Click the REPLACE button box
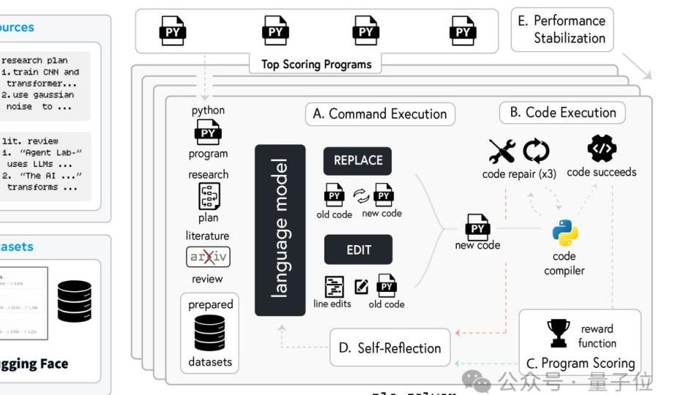357,161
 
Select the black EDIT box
358,249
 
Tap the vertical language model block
280,230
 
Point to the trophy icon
559,333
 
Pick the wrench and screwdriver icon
502,151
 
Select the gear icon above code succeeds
602,149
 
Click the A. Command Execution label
379,114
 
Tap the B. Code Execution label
562,113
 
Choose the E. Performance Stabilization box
562,30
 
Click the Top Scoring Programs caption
316,64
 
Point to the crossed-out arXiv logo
208,257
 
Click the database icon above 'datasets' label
209,334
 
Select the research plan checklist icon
209,196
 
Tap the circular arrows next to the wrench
535,151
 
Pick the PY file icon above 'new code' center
477,227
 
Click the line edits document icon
335,286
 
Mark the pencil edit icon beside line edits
361,286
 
